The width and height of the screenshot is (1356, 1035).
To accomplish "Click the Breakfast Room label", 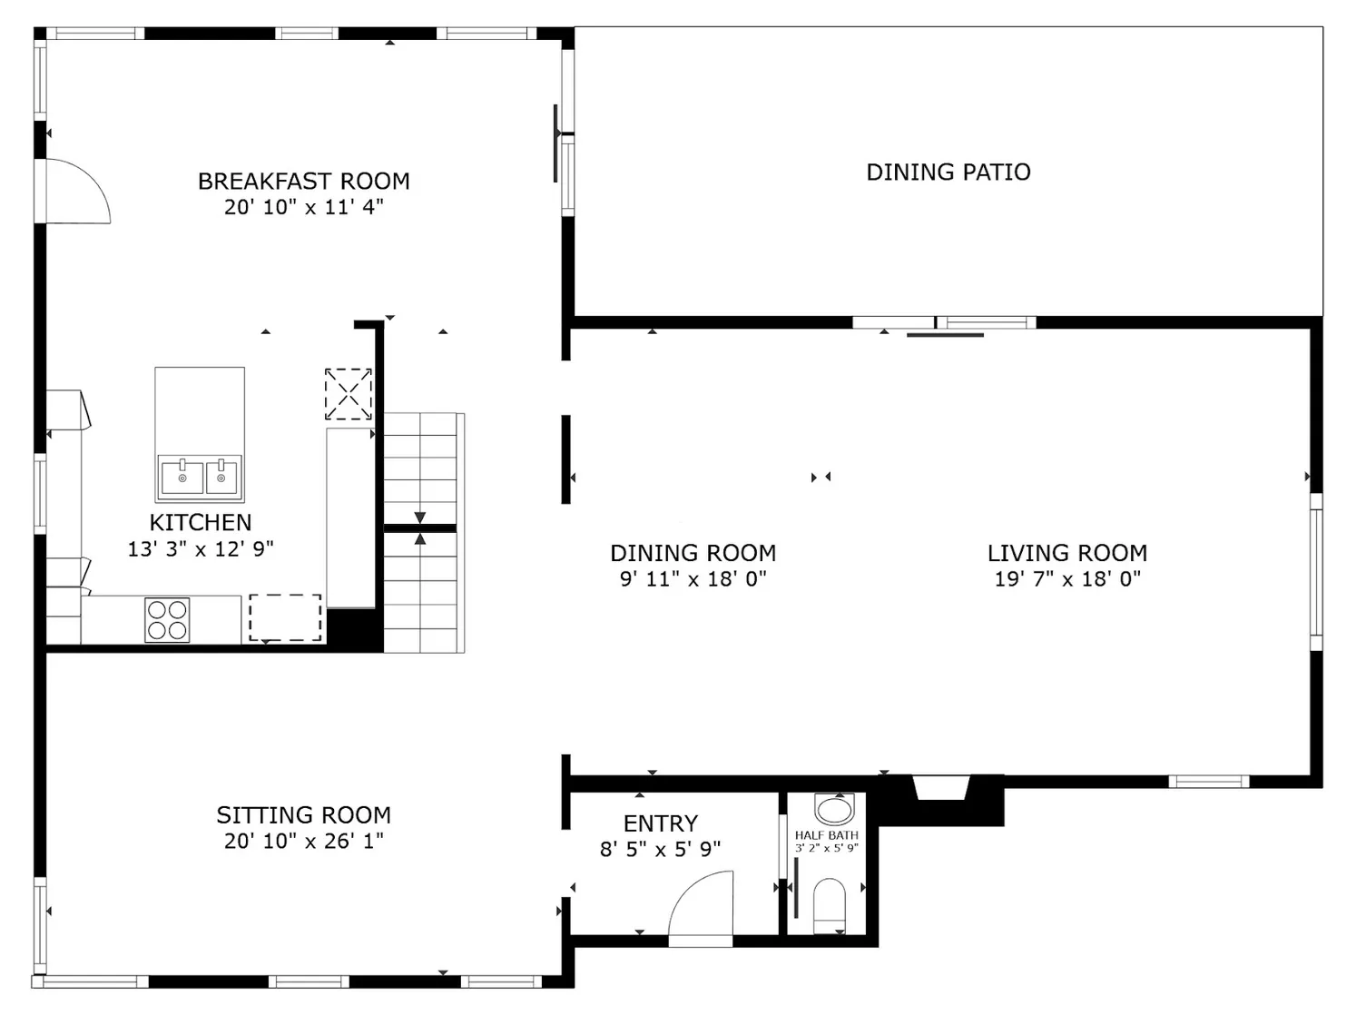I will [x=303, y=182].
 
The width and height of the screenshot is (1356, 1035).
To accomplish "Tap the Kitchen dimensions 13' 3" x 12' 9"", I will [x=201, y=549].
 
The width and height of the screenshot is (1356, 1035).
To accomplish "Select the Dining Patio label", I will [x=948, y=172].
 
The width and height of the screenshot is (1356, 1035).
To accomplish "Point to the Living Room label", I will [x=1066, y=553].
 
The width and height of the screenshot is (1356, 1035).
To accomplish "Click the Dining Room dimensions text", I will [x=693, y=579].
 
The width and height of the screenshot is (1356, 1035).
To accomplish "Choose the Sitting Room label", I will [x=303, y=815].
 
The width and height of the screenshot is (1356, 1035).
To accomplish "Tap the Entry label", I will [x=660, y=823].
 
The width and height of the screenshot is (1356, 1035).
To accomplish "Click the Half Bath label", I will [x=826, y=835].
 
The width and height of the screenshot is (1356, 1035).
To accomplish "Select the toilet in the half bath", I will [x=829, y=904].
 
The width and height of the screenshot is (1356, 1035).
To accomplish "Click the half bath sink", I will [x=833, y=807].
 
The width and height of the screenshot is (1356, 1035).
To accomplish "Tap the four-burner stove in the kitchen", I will [x=167, y=620].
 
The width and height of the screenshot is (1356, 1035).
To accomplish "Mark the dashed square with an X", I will [x=349, y=394].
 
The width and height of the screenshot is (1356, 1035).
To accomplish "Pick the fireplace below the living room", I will [x=941, y=788].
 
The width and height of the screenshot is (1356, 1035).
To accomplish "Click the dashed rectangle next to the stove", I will [x=285, y=618].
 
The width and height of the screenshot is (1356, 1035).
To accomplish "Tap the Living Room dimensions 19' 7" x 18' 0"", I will [x=1066, y=579].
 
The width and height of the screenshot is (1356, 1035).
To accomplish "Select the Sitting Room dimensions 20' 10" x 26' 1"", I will [x=303, y=842].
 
